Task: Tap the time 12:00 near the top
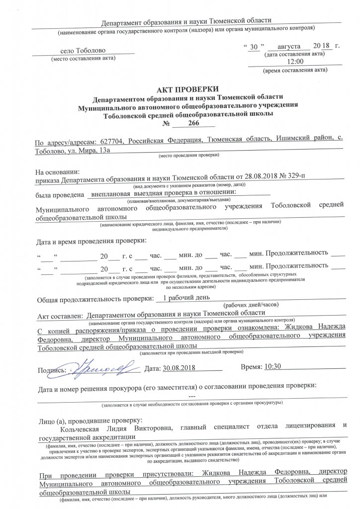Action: point(296,61)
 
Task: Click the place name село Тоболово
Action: point(83,51)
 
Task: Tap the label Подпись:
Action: point(52,370)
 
